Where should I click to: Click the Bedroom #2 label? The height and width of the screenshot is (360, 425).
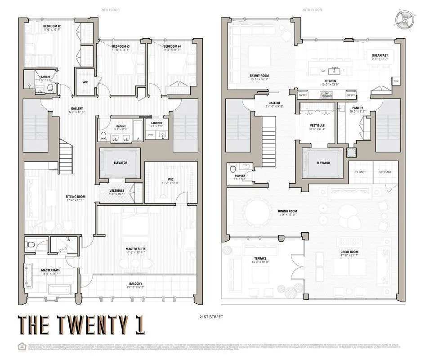point(52,26)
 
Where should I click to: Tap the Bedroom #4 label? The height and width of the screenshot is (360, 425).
point(172,46)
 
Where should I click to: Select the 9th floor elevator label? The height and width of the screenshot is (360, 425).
point(121,162)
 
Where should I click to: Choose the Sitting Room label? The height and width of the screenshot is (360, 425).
point(76,197)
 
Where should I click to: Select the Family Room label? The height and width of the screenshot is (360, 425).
point(259,76)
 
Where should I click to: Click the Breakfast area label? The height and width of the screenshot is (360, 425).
point(380,55)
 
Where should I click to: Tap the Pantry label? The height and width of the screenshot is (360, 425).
point(358,108)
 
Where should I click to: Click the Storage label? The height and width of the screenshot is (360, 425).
point(385,172)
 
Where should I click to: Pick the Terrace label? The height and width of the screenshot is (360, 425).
point(259,259)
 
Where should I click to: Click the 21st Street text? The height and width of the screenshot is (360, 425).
point(211,317)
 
